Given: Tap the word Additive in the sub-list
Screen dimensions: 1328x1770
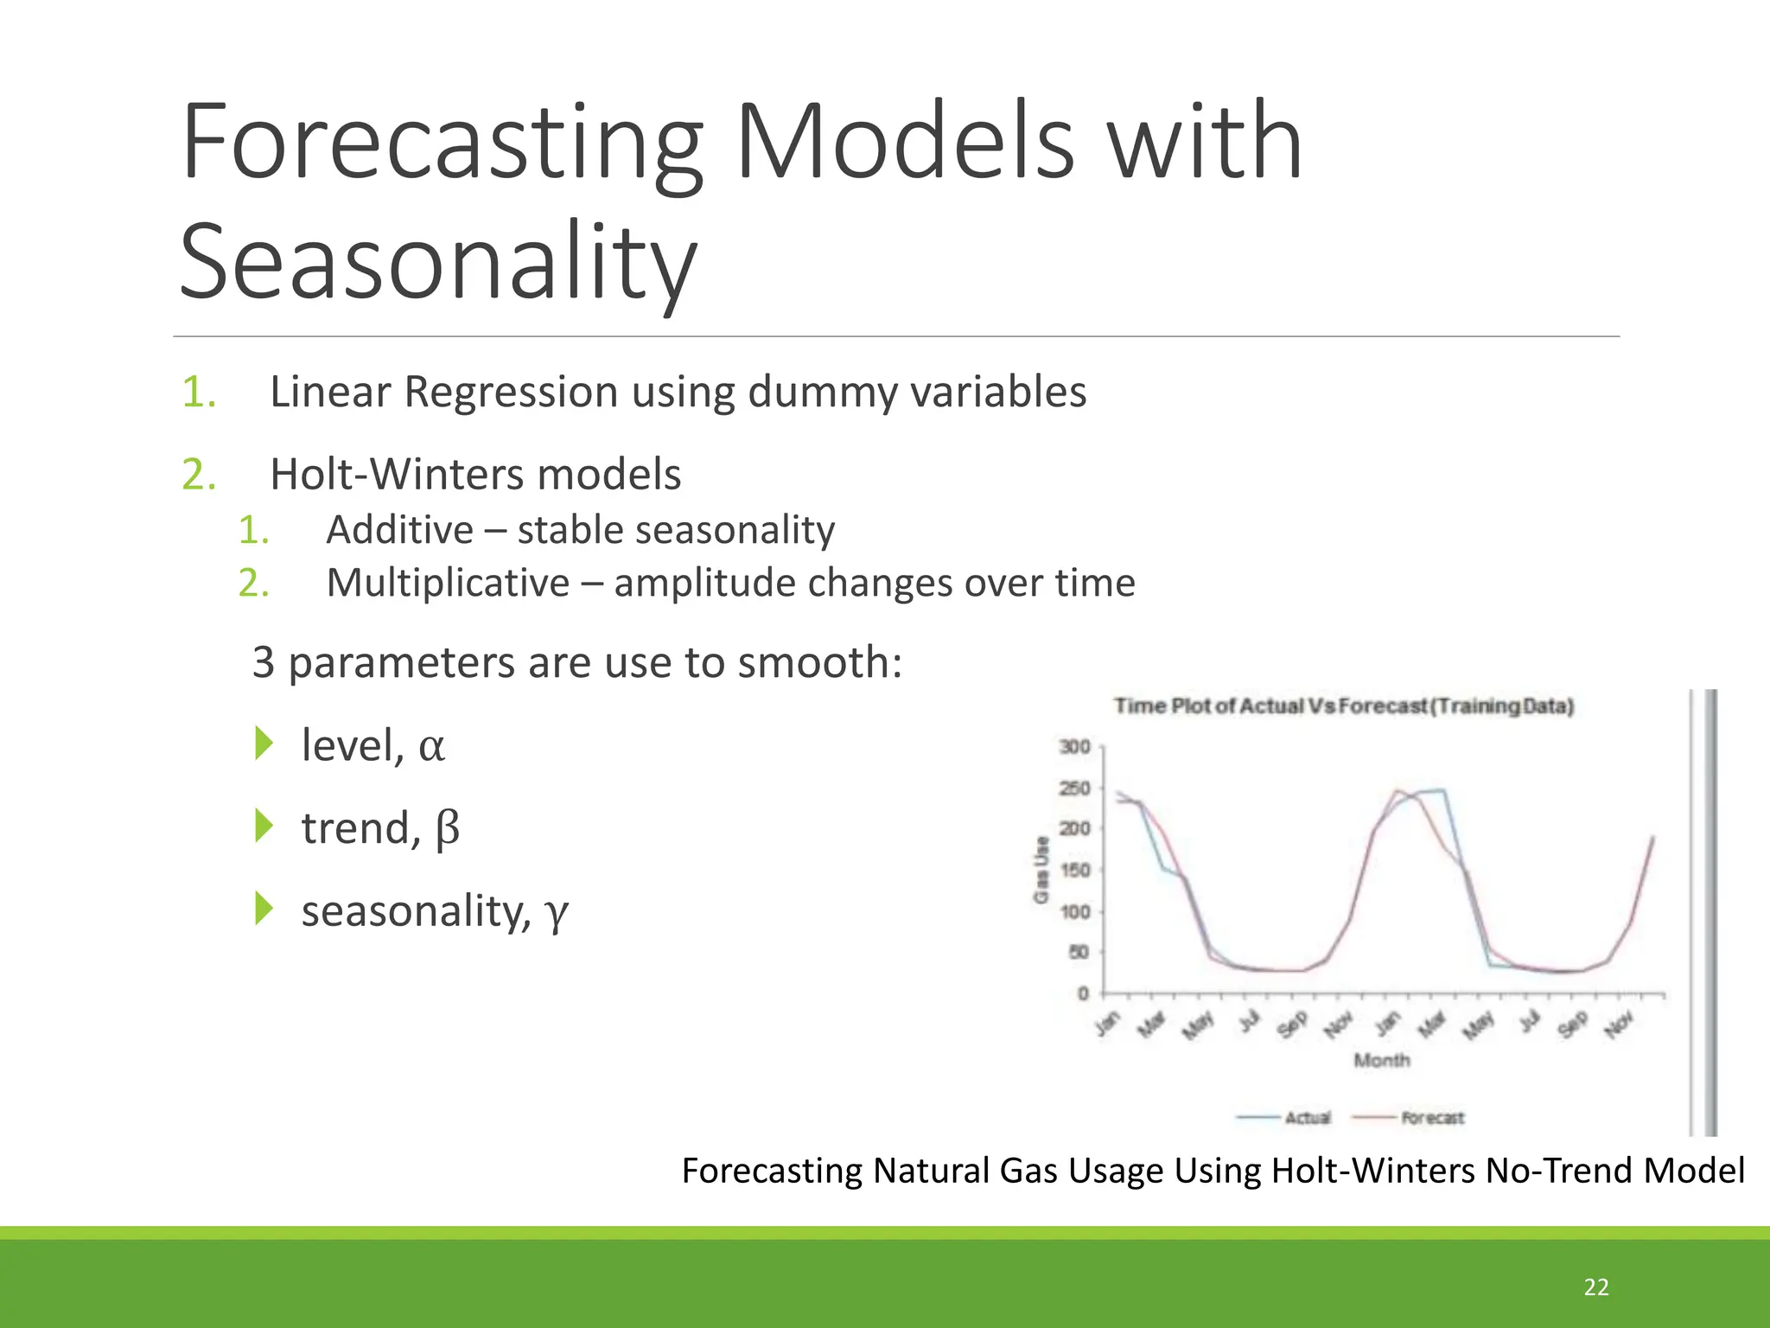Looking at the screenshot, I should point(399,530).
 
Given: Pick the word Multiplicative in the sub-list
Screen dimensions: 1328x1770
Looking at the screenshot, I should point(448,583).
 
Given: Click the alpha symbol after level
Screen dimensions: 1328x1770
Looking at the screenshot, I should point(431,747).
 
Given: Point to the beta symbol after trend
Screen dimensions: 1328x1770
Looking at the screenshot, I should point(447,829).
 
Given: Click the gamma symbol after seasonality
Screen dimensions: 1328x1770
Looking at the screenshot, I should point(556,912).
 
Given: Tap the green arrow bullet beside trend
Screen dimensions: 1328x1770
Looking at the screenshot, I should point(264,826).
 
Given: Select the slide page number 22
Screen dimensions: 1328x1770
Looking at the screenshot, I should point(1595,1286).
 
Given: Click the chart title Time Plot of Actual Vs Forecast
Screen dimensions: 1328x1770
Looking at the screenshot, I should point(1343,706).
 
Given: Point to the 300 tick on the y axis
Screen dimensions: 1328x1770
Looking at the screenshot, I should point(1074,746).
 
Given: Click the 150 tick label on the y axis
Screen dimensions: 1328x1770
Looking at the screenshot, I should point(1074,870).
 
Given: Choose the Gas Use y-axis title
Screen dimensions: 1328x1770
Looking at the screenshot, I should point(1041,869).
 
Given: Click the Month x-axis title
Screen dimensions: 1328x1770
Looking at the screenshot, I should point(1381,1060).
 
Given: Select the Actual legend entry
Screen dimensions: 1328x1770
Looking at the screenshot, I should point(1306,1118).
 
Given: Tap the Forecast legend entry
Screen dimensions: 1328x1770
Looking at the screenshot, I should point(1431,1118).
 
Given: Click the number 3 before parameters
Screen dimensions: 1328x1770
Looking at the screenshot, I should point(263,663).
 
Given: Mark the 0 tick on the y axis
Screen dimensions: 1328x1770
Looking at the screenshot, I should point(1082,993).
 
